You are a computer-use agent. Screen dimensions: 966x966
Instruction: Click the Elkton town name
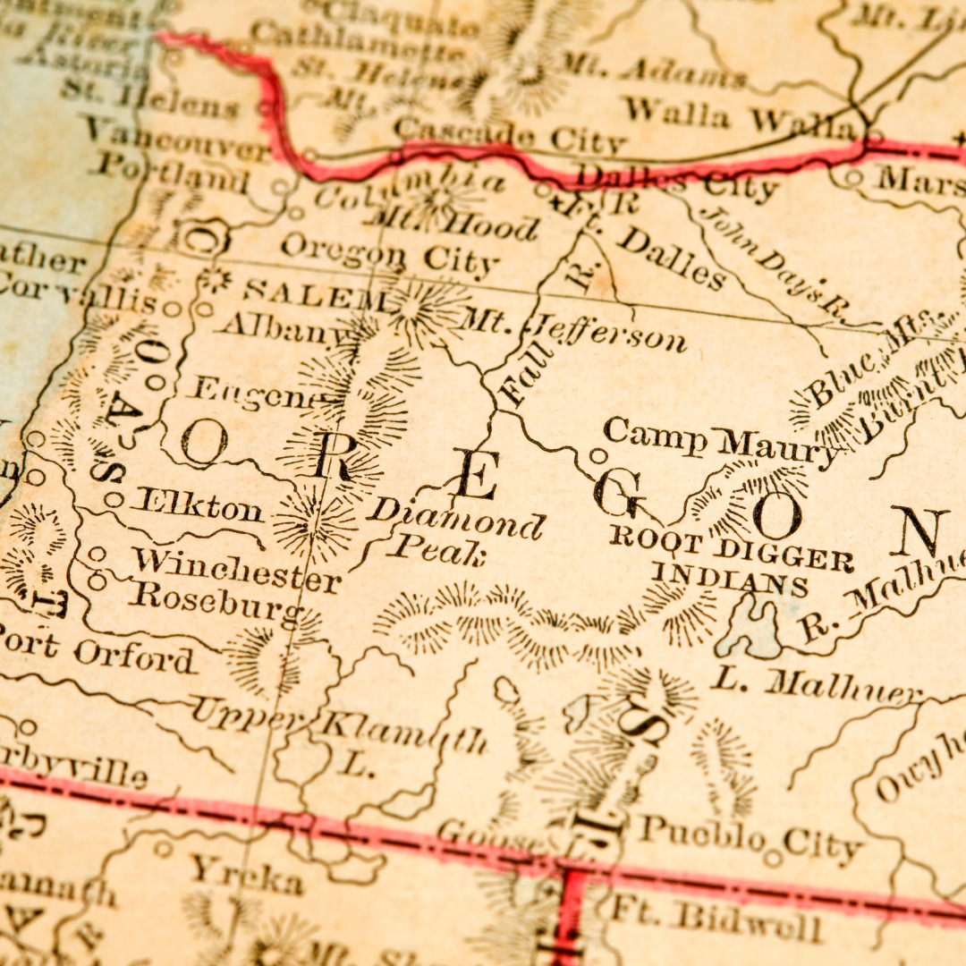coord(198,505)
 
